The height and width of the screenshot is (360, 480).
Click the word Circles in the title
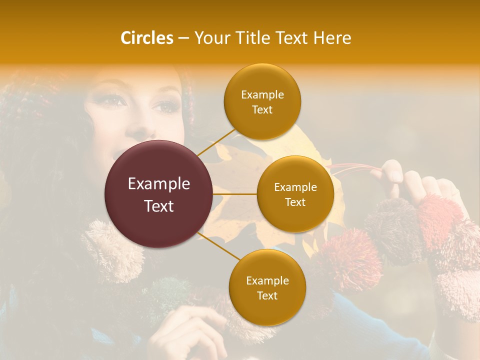click(x=146, y=38)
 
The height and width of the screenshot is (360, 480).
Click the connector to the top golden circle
click(x=216, y=142)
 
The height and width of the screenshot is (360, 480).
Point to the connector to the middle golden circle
click(x=235, y=194)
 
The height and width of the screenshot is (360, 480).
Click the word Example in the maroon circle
click(x=159, y=184)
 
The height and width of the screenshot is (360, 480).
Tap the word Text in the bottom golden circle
click(x=267, y=295)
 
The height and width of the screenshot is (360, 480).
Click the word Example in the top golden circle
click(x=262, y=95)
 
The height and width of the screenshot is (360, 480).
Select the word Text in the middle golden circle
click(x=295, y=202)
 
